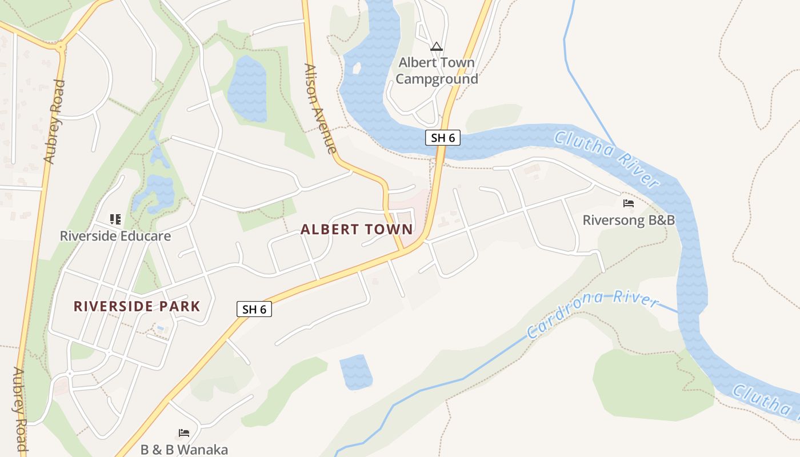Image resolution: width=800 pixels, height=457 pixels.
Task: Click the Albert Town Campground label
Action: tap(437, 70)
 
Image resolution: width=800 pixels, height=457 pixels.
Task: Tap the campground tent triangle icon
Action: tap(437, 46)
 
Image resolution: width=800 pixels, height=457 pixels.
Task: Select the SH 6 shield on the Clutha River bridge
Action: tap(443, 138)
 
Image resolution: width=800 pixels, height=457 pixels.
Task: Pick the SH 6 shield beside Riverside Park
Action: tap(254, 309)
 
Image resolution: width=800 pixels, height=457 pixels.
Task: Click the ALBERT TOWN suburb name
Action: tap(357, 230)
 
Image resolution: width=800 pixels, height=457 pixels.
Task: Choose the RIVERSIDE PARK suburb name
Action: tap(137, 306)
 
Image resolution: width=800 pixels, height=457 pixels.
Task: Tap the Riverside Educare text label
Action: tap(115, 235)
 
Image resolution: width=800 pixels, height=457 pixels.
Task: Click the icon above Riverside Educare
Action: tap(115, 219)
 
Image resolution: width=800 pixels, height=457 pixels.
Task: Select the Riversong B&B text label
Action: tap(629, 220)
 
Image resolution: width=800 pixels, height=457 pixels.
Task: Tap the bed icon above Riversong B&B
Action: tap(629, 203)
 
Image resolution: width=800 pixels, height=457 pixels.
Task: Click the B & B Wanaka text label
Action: tap(184, 450)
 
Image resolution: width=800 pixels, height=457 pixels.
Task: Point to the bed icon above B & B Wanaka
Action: tap(184, 433)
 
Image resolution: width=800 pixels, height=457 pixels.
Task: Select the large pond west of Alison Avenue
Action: tap(247, 89)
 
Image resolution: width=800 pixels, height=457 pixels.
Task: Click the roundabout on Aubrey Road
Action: tap(60, 46)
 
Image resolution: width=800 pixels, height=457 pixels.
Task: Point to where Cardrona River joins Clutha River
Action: tap(679, 312)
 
